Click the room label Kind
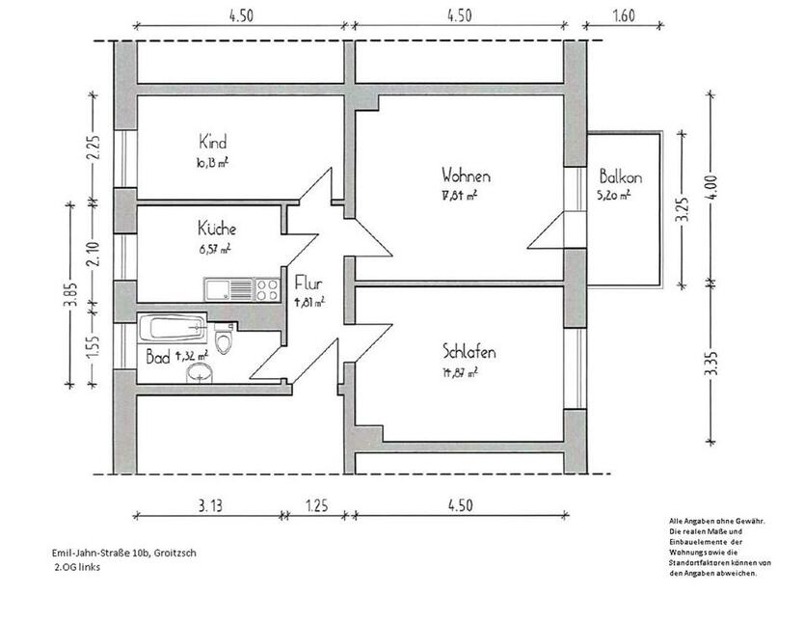pos(212,142)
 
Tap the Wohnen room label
pos(467,176)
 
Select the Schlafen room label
pos(469,351)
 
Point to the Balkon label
pos(620,177)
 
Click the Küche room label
pos(217,230)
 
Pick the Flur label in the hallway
pos(308,284)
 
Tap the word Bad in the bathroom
pos(156,357)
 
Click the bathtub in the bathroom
pos(174,329)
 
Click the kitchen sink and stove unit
pos(241,288)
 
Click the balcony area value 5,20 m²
pos(614,195)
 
